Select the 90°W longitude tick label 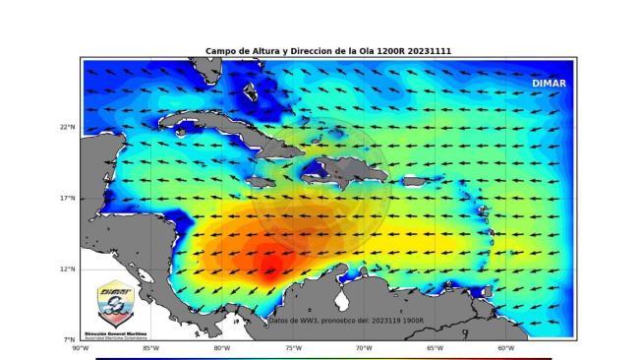pyautogui.click(x=80, y=347)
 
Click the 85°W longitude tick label pyautogui.click(x=150, y=347)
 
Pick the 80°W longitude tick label pyautogui.click(x=221, y=347)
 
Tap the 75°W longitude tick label pyautogui.click(x=293, y=347)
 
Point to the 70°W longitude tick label pyautogui.click(x=364, y=347)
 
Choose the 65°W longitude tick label pyautogui.click(x=435, y=347)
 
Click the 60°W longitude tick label pyautogui.click(x=505, y=347)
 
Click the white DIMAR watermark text pyautogui.click(x=549, y=84)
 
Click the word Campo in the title pyautogui.click(x=220, y=51)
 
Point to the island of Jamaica pyautogui.click(x=264, y=182)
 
